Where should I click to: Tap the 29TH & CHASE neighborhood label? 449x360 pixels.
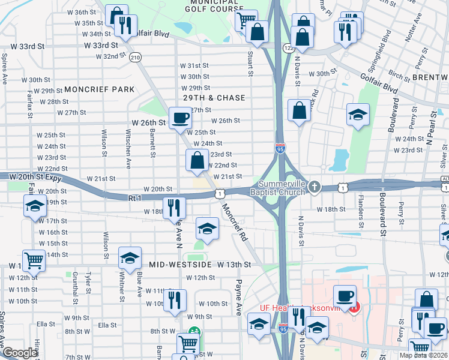click(x=214, y=98)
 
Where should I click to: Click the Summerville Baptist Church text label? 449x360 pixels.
click(x=282, y=188)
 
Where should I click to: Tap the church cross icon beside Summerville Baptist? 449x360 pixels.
click(x=313, y=188)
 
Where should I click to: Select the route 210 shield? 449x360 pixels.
click(x=135, y=58)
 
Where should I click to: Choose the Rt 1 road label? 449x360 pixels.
click(x=134, y=197)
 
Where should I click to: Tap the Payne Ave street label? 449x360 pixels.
click(x=238, y=297)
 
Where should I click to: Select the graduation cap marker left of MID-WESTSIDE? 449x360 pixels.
click(x=130, y=257)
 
